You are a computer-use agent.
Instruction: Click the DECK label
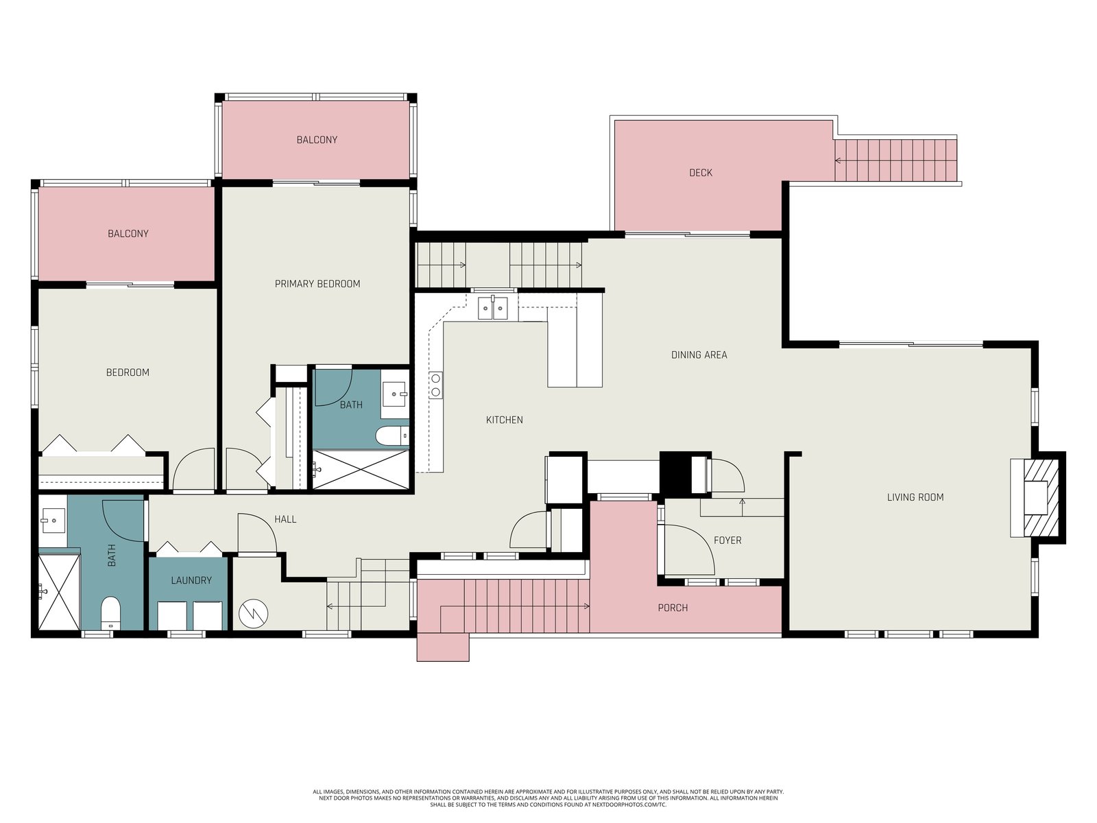tap(700, 173)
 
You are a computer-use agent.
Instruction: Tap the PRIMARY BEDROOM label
tap(317, 284)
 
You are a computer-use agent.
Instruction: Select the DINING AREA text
tap(699, 355)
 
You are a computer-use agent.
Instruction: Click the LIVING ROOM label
tap(915, 497)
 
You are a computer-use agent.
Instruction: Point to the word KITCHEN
tap(504, 420)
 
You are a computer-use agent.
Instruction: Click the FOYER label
tap(727, 540)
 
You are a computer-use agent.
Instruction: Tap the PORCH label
tap(673, 608)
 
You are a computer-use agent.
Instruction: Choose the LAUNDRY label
tap(191, 580)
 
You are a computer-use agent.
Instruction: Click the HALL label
tap(285, 519)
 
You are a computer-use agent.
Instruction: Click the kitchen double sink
tap(493, 308)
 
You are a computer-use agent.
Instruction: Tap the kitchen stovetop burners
tap(436, 385)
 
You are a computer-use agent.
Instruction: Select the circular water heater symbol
tap(254, 614)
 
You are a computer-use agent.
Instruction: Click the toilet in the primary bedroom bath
tap(392, 436)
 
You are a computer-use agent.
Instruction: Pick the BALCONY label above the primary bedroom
tap(317, 140)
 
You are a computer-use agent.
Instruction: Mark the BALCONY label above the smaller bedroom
tap(128, 233)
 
